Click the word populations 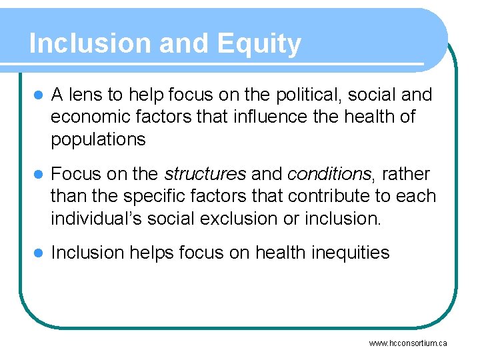98,139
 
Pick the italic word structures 205,174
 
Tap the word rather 406,174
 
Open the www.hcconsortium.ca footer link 408,343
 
